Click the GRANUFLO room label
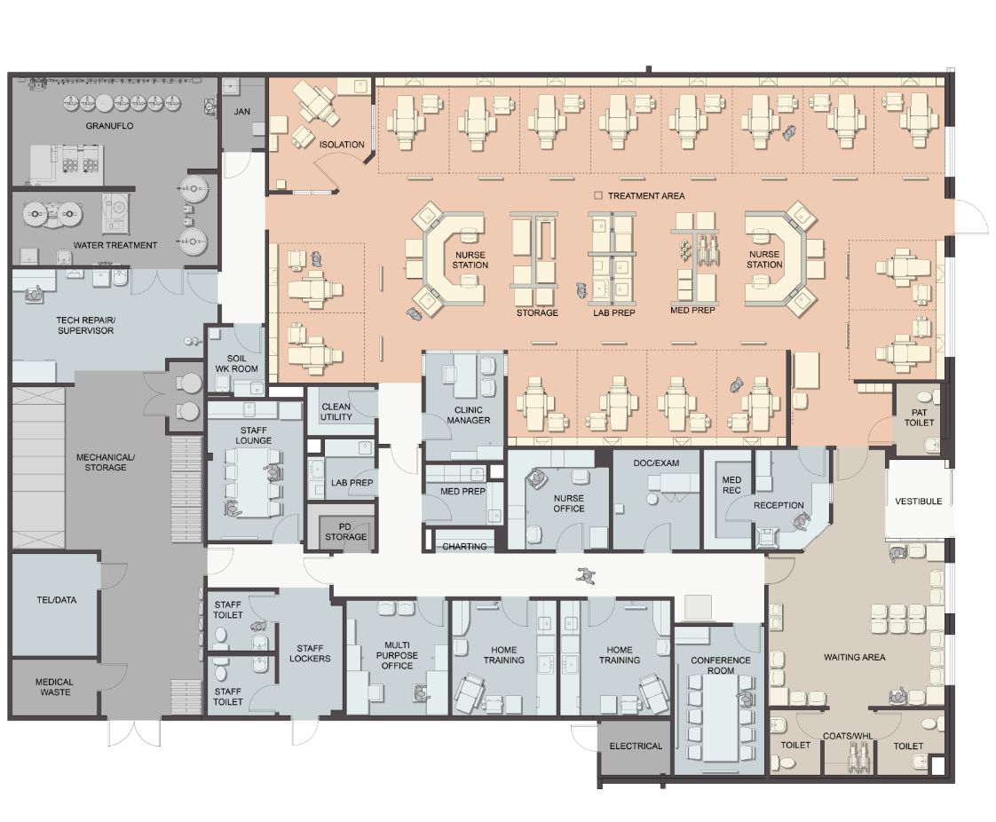110,126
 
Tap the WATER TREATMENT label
115,245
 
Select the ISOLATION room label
342,145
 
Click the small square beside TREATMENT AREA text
598,195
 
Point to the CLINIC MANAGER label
469,415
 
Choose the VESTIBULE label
918,502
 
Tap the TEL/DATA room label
54,600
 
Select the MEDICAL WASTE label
54,687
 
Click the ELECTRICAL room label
636,746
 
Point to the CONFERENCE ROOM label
721,665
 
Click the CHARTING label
464,547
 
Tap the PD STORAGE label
346,531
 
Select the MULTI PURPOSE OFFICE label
397,655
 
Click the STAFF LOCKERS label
310,652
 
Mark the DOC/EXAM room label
655,463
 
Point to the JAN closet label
242,112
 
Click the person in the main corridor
586,575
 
